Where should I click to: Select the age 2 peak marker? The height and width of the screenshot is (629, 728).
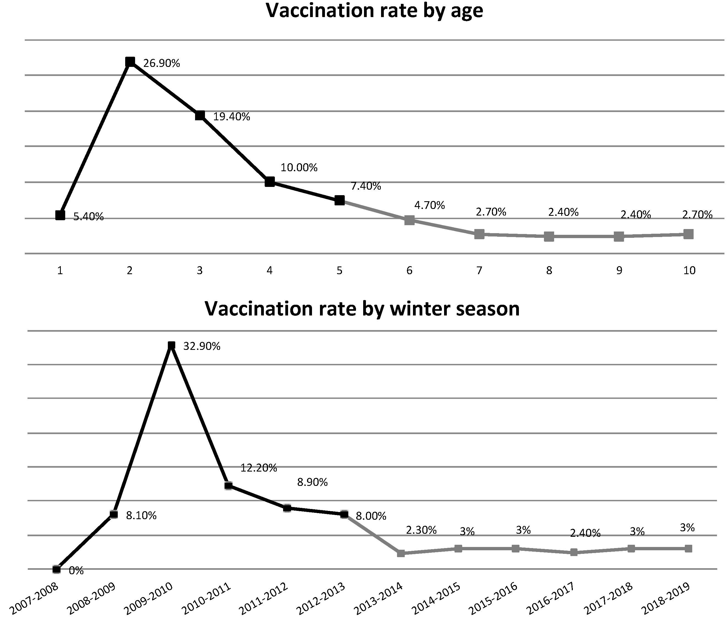click(130, 62)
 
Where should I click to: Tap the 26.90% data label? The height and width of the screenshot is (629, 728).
click(162, 64)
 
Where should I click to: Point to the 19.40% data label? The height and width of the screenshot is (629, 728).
click(232, 117)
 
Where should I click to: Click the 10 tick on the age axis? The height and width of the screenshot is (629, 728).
click(689, 270)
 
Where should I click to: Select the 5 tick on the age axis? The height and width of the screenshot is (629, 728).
click(340, 270)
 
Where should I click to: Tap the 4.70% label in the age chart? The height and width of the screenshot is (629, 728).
click(429, 205)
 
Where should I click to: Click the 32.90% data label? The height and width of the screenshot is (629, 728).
click(202, 347)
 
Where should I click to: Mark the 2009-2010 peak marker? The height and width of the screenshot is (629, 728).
click(171, 346)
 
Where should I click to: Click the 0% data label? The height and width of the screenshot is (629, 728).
click(76, 571)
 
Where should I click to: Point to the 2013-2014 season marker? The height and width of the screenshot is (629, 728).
click(401, 553)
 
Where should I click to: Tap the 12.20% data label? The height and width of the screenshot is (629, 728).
click(259, 468)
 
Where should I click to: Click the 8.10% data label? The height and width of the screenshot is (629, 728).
click(141, 516)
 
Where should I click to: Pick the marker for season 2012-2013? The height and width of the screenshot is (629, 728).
click(344, 514)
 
